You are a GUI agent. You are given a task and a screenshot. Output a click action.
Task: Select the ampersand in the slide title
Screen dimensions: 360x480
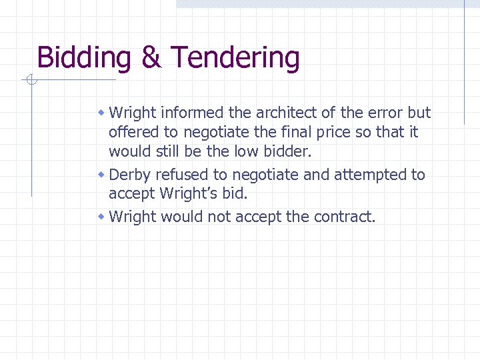click(x=151, y=58)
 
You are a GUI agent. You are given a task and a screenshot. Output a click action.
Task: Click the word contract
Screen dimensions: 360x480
click(x=342, y=217)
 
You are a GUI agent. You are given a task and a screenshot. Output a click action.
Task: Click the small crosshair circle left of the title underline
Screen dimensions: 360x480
click(x=31, y=81)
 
